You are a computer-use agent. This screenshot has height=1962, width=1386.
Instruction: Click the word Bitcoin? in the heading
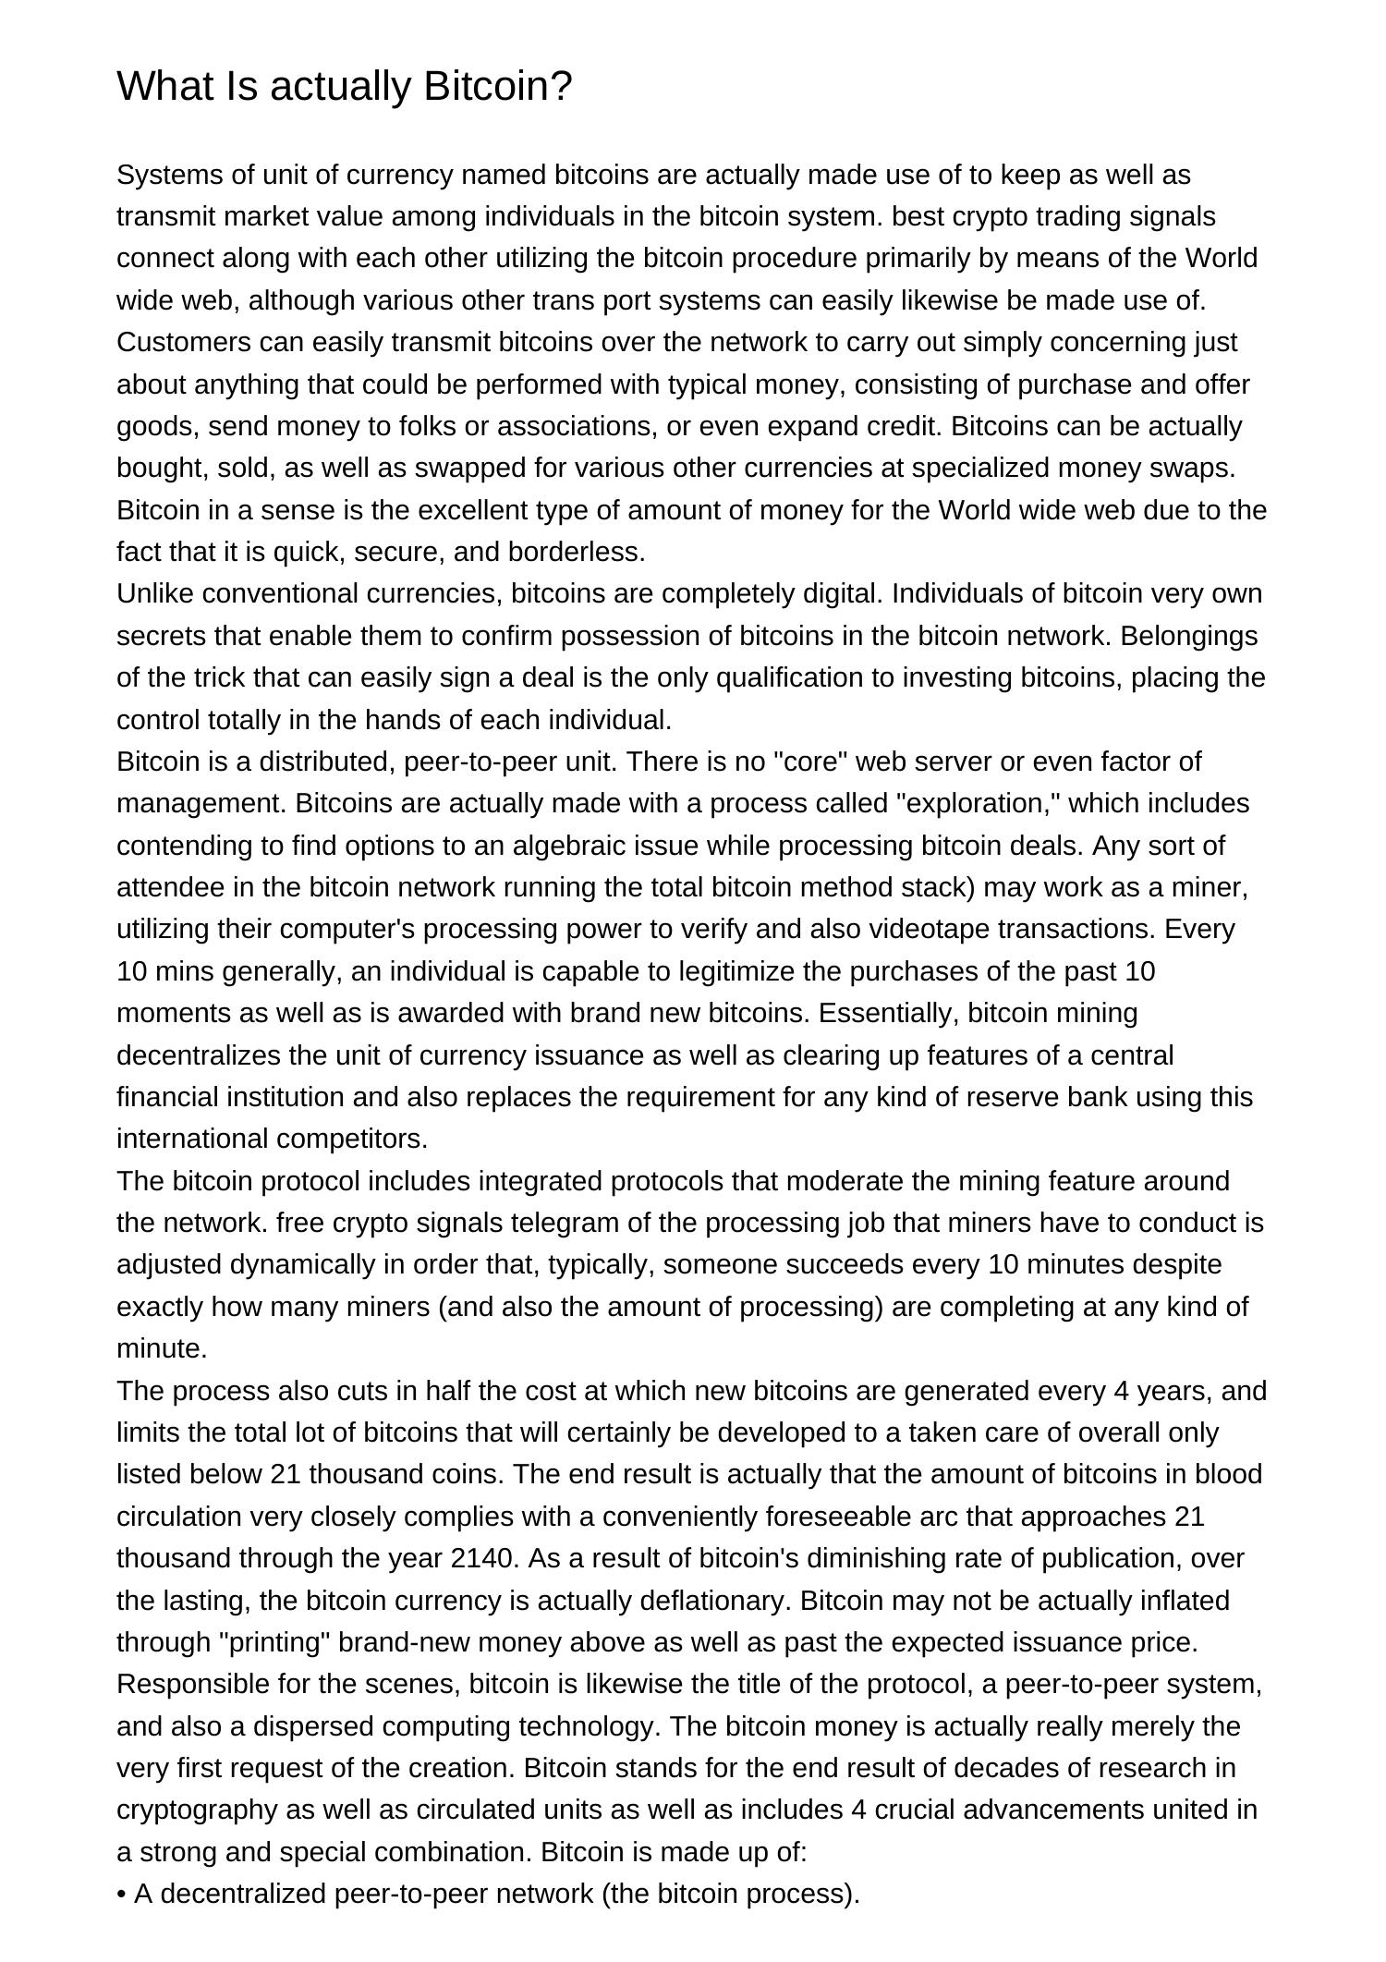[498, 87]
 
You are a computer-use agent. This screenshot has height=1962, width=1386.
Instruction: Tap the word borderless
[577, 552]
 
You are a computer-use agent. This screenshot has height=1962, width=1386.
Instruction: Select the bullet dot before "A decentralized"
[121, 1895]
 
